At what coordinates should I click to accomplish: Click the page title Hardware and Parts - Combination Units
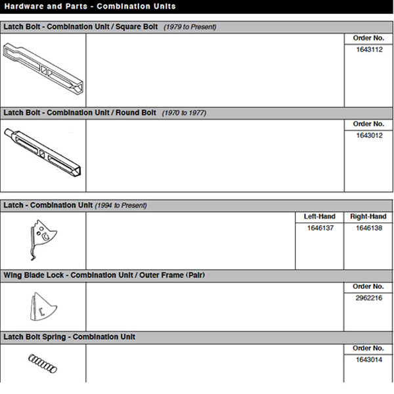click(x=89, y=7)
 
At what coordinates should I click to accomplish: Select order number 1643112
click(x=368, y=50)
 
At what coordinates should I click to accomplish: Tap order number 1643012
click(x=368, y=135)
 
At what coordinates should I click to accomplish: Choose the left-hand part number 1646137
click(x=319, y=228)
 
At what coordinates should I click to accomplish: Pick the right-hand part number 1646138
click(x=368, y=228)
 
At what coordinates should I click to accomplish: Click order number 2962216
click(x=368, y=298)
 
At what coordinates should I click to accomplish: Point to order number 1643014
click(x=368, y=359)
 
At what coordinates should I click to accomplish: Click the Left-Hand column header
click(x=319, y=217)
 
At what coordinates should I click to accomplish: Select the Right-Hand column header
click(x=368, y=217)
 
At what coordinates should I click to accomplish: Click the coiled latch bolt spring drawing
click(x=41, y=362)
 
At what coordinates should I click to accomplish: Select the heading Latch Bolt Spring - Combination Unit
click(x=69, y=337)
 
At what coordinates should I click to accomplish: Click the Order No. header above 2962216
click(x=368, y=287)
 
